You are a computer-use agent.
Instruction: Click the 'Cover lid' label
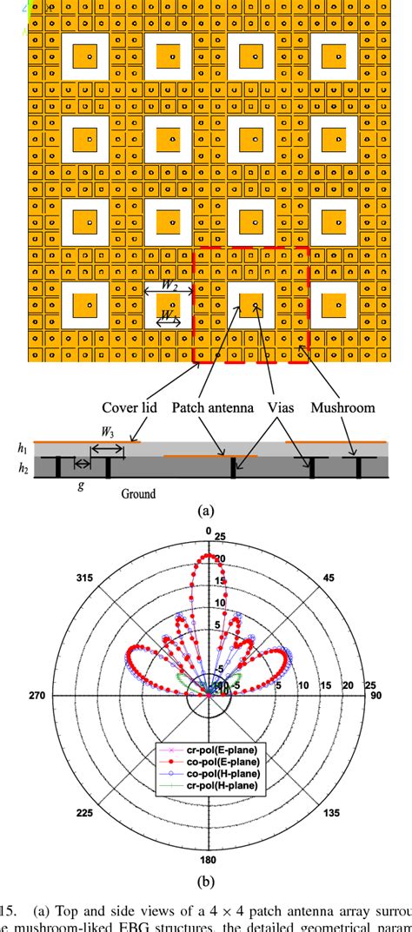coord(129,407)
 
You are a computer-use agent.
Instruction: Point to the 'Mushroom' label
coord(356,407)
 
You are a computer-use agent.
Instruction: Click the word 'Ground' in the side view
coord(138,494)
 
